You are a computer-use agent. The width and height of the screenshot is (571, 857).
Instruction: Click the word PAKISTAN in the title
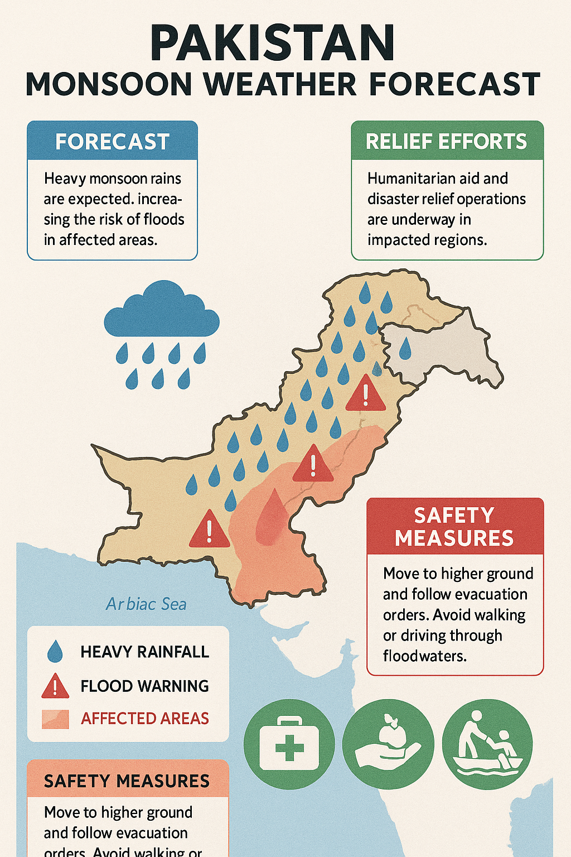(273, 44)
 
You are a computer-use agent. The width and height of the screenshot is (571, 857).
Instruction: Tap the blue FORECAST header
(112, 142)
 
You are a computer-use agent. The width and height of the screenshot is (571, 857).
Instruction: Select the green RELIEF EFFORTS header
(447, 141)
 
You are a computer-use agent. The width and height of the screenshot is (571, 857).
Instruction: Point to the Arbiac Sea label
(146, 604)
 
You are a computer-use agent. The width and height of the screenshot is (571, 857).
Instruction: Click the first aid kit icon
(289, 744)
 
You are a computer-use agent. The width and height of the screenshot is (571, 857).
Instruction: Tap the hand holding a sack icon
(388, 744)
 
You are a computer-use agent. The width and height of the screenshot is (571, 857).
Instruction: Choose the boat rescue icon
(487, 744)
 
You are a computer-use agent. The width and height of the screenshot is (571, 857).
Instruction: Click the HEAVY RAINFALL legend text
(144, 652)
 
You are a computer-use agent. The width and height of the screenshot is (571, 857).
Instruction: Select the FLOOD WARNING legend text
(144, 686)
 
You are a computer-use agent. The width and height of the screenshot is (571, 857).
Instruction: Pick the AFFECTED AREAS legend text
(145, 718)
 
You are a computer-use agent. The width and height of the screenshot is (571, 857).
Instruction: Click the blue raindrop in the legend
(55, 652)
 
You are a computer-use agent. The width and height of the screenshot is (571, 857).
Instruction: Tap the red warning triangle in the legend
(55, 687)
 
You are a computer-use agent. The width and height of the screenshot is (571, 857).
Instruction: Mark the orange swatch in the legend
(55, 719)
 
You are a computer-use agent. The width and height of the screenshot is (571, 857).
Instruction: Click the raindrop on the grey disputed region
(405, 348)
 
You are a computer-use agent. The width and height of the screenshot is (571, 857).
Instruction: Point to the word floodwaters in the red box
(424, 656)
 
